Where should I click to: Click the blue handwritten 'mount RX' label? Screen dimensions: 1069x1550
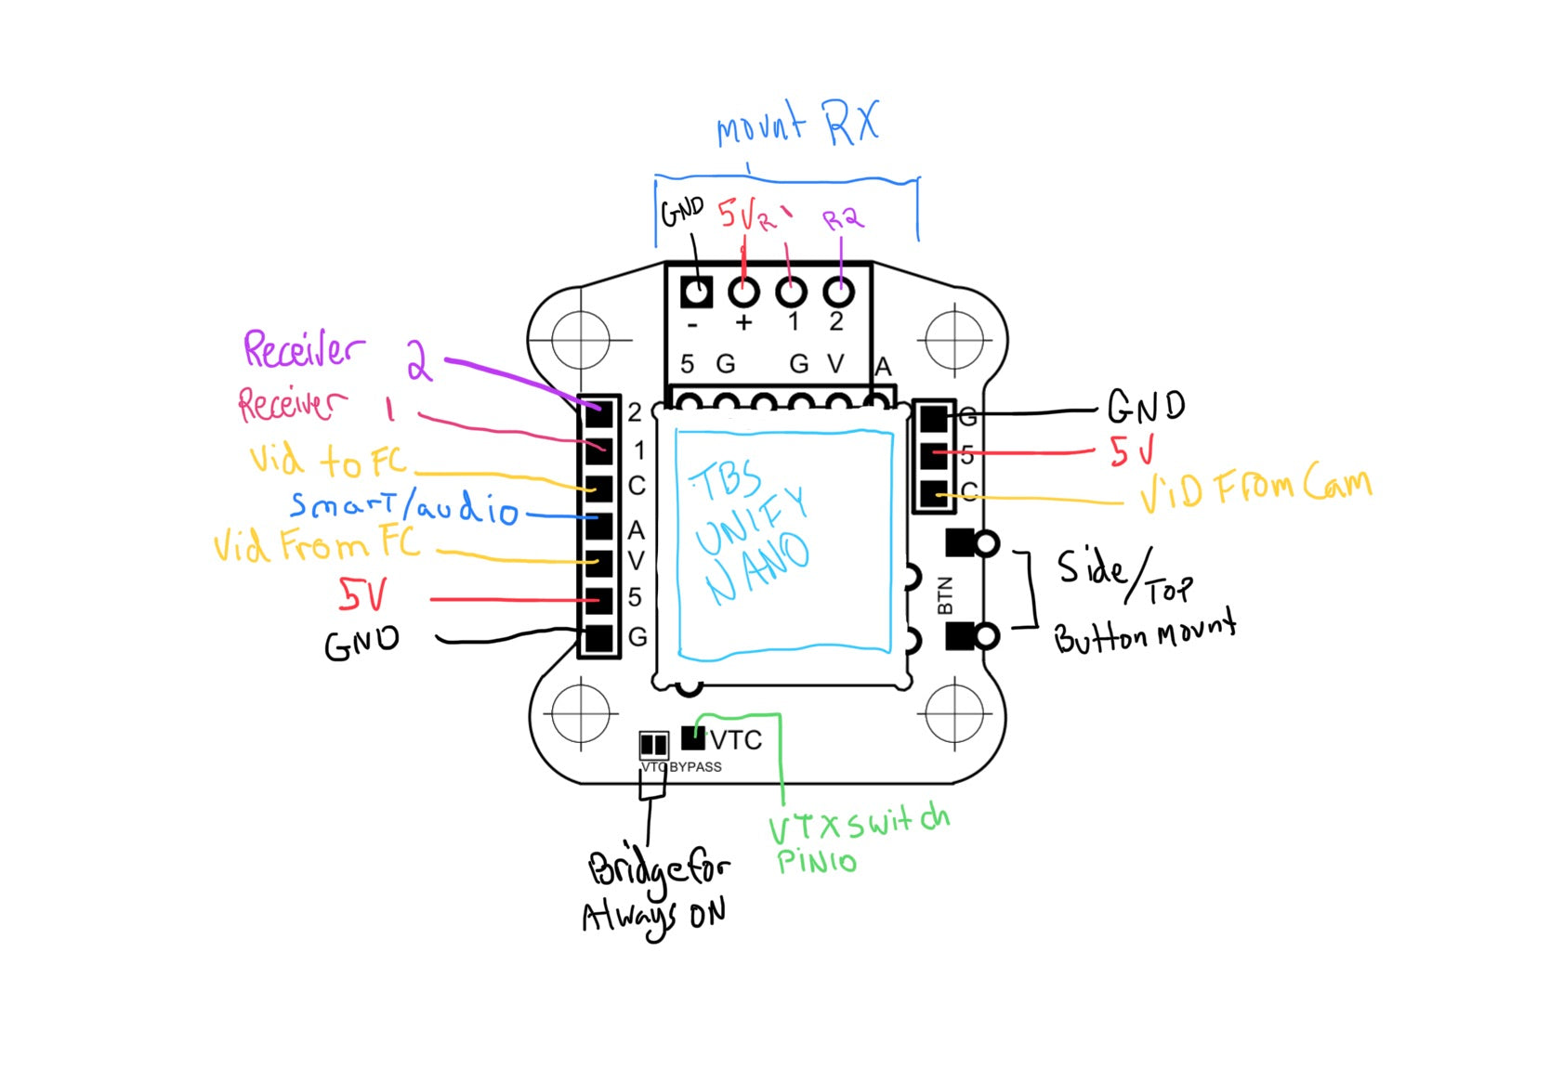(797, 125)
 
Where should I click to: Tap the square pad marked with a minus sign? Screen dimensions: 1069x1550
(696, 292)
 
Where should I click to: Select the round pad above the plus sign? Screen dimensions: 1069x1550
(743, 292)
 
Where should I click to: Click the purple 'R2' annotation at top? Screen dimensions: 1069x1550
(843, 219)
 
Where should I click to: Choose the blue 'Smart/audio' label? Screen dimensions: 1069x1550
(403, 506)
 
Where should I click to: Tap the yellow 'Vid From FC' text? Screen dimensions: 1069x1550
(316, 543)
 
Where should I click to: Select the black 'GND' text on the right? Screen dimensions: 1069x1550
(1146, 406)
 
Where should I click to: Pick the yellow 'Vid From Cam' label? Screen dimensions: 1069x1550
(1255, 489)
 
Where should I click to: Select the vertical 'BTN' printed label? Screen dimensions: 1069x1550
(945, 595)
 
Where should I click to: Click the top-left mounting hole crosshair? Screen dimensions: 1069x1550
(581, 339)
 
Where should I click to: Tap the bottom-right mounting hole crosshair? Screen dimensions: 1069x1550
(954, 713)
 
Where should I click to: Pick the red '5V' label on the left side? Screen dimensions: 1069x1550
(362, 595)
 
